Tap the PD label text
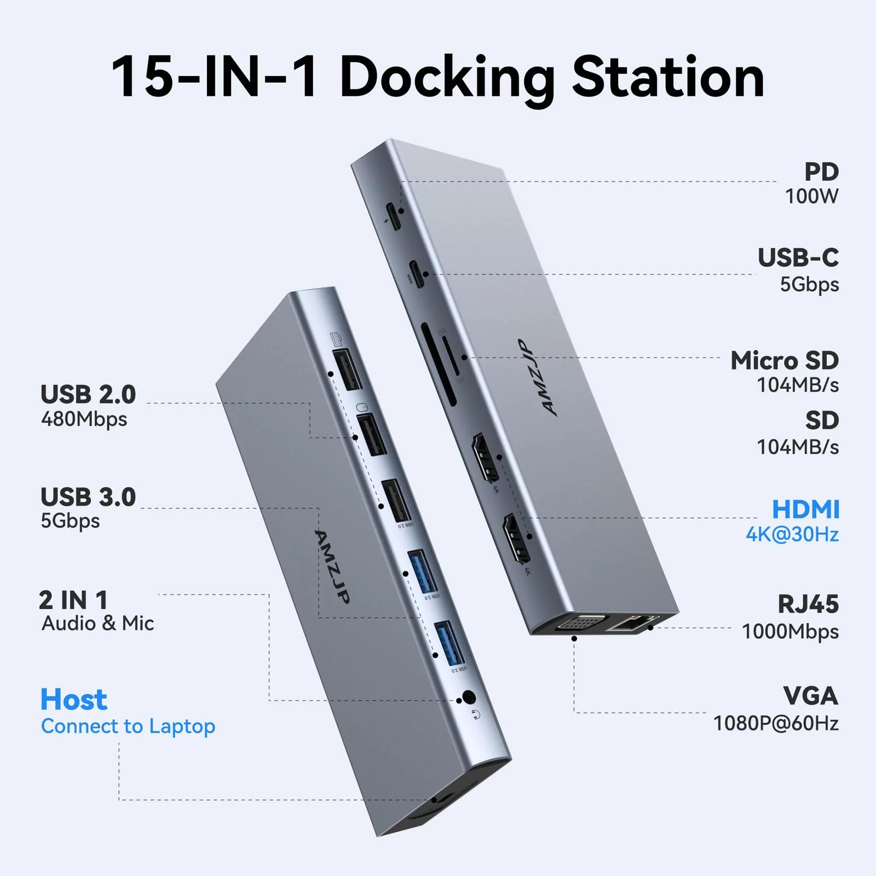[821, 172]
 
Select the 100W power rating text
[811, 197]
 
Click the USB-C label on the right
[798, 258]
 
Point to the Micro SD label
[784, 361]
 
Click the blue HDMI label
[805, 510]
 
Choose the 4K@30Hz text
[792, 534]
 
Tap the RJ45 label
[808, 604]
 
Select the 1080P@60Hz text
[776, 724]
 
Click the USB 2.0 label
[88, 394]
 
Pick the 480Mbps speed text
[84, 419]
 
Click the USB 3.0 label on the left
[88, 497]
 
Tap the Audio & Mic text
[98, 623]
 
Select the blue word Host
[74, 700]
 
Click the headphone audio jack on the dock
[469, 698]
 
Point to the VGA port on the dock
[580, 624]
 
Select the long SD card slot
[438, 364]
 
